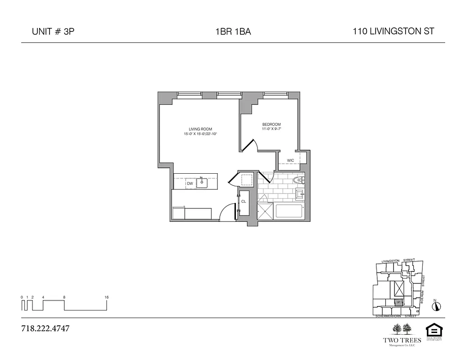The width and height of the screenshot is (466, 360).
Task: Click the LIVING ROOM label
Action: (200, 129)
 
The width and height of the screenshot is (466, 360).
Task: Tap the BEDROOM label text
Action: (271, 124)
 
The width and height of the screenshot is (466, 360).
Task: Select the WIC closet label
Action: (290, 160)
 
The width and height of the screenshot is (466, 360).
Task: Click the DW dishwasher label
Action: (190, 183)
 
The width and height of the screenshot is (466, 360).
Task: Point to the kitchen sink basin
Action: (203, 183)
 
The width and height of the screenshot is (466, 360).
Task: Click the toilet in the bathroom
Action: (297, 180)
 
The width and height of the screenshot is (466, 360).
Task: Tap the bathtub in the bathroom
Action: (289, 211)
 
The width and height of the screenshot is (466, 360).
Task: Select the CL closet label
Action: (244, 202)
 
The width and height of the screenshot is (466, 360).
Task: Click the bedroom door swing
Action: (250, 145)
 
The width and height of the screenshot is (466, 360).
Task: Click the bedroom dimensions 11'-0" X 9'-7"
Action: (271, 129)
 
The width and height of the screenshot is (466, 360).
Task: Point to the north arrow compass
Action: (436, 306)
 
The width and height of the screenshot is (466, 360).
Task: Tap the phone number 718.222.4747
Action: (45, 328)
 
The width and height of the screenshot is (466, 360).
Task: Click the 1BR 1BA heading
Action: (233, 32)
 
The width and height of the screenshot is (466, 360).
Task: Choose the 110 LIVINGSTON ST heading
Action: (394, 31)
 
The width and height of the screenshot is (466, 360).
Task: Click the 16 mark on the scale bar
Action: (107, 297)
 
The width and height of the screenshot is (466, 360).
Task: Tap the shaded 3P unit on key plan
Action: (398, 303)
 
